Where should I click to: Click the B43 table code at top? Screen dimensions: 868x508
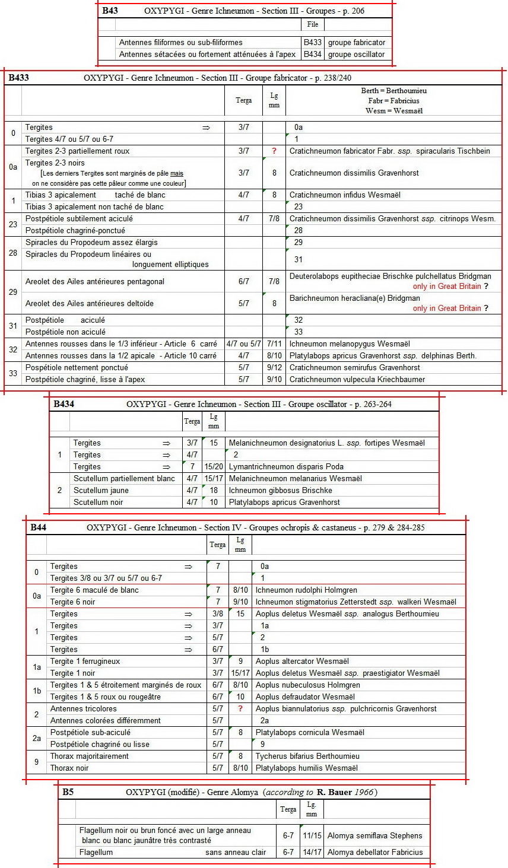[x=110, y=11]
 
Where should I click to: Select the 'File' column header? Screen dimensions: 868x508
[x=313, y=24]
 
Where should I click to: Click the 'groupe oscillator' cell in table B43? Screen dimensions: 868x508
[x=356, y=54]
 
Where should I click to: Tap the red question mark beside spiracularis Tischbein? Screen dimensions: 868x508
[x=274, y=151]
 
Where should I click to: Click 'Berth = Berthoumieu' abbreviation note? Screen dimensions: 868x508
[x=393, y=91]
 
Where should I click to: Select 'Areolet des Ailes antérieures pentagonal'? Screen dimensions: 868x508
[x=95, y=282]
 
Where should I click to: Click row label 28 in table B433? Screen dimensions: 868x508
[x=13, y=253]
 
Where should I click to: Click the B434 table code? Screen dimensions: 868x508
[x=63, y=405]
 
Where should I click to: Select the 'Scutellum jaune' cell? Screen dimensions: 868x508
[x=101, y=491]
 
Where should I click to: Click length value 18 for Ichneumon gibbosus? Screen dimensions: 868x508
[x=214, y=491]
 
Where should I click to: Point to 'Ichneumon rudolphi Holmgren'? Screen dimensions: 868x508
[x=306, y=590]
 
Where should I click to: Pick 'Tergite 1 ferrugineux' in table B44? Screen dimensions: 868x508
[x=85, y=662]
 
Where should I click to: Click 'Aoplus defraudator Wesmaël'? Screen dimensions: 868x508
[x=305, y=697]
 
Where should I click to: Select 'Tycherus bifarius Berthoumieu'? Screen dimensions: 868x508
[x=307, y=756]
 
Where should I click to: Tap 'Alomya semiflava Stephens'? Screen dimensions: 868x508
[x=375, y=836]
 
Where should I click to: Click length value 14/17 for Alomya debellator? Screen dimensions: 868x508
[x=312, y=853]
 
